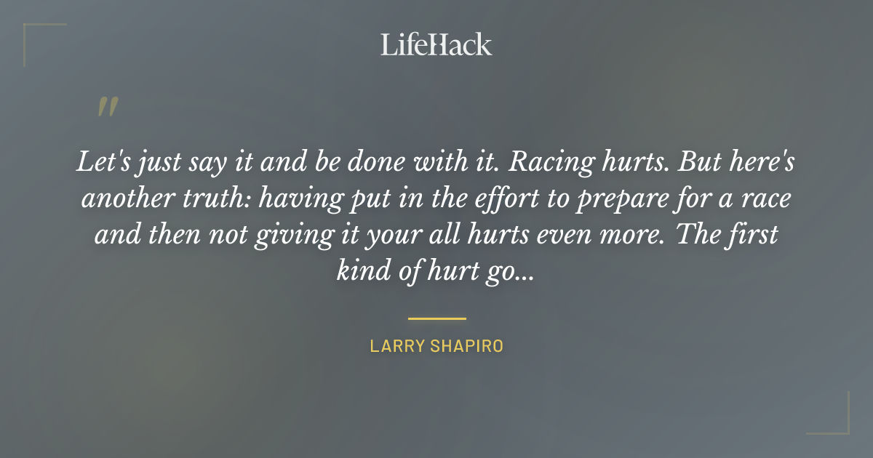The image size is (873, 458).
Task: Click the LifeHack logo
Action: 436,44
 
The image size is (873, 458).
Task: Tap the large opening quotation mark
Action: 107,107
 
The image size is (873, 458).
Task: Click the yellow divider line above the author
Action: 436,318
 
